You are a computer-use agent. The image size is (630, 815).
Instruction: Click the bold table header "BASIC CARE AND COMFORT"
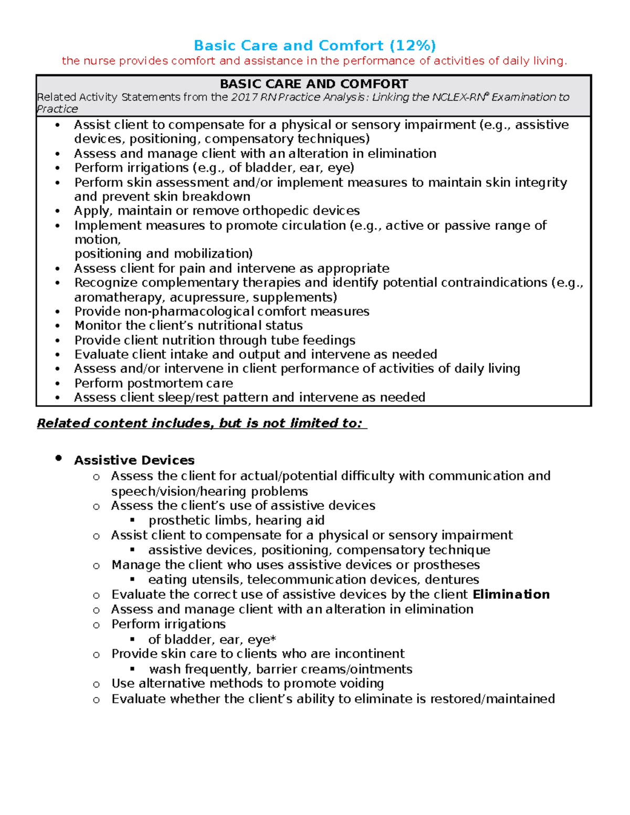(313, 84)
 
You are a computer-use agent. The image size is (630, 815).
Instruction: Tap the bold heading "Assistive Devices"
(134, 460)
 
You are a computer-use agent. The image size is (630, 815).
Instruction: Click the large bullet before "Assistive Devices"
(59, 459)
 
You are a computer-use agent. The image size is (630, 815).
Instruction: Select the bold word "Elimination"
(511, 595)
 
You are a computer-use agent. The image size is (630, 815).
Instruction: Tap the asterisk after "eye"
(273, 639)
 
